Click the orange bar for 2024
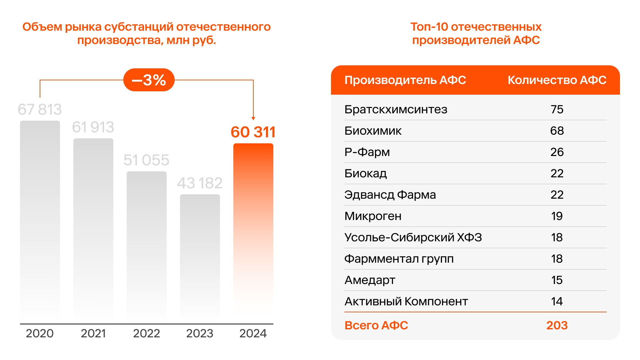253,230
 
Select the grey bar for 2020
40,220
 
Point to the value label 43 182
200,183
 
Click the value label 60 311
253,132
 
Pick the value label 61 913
93,127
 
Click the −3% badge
149,80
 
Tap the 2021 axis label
93,333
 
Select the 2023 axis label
200,333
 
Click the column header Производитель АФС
405,80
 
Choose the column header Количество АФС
557,80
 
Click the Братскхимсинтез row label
396,109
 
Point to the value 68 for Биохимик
557,131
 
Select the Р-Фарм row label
367,152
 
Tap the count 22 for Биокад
557,173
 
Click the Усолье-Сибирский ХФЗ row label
413,237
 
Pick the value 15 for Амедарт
557,280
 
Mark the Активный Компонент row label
406,301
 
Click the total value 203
557,325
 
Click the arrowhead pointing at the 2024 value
253,118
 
